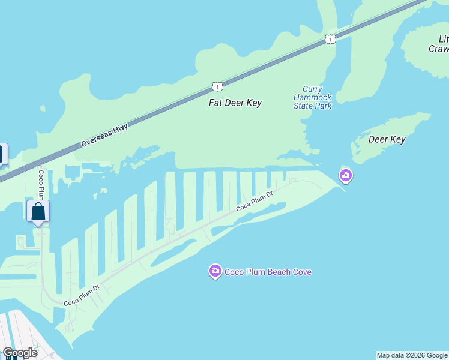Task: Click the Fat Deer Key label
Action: (235, 103)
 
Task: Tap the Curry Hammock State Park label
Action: (312, 98)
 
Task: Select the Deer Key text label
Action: (387, 139)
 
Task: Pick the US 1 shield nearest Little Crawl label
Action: (330, 39)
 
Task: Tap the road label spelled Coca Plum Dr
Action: (255, 201)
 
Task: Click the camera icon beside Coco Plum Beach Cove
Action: (215, 272)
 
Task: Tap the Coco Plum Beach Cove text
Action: (268, 272)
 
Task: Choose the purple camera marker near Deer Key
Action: (345, 175)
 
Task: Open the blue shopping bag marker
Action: (38, 212)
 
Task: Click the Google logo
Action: (20, 353)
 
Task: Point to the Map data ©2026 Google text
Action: (412, 355)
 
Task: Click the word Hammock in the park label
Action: (312, 98)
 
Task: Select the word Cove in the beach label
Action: (302, 272)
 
